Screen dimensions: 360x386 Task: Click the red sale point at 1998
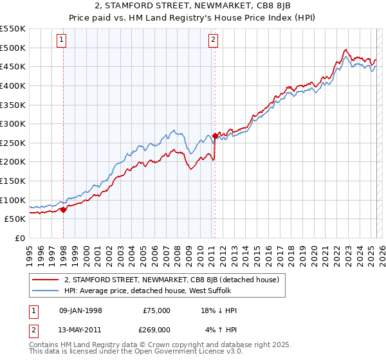coord(63,209)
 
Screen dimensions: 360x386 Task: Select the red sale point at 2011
coord(215,136)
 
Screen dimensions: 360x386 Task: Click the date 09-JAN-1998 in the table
coord(80,310)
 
